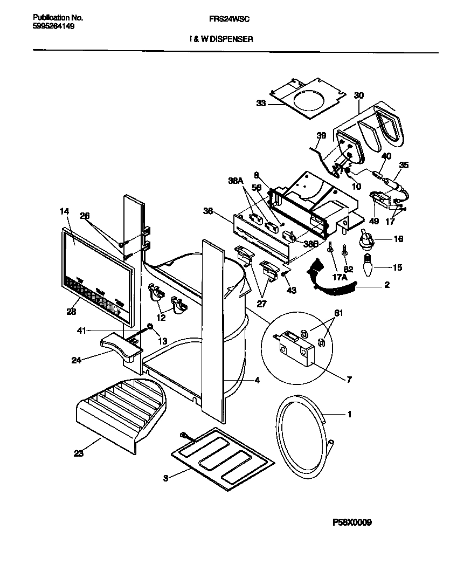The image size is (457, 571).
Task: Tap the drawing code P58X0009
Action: [351, 522]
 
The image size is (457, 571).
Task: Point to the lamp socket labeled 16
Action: [366, 239]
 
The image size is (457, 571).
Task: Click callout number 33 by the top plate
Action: [261, 103]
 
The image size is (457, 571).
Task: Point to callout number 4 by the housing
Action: [257, 380]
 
